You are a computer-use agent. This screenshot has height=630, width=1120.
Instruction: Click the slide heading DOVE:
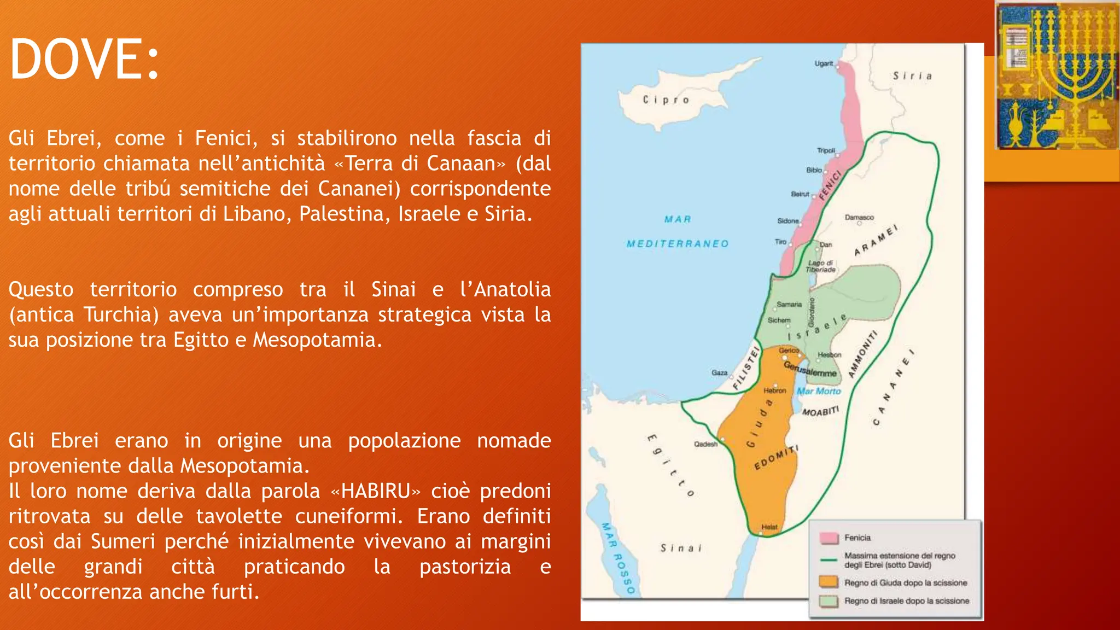85,59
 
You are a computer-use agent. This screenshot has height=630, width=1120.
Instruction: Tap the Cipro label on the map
666,100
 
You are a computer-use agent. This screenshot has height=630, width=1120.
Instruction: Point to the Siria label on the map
912,75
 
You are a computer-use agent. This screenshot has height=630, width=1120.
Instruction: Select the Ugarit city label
823,63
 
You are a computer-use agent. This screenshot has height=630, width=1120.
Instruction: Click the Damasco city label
859,217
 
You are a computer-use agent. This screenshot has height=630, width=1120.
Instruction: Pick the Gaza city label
719,372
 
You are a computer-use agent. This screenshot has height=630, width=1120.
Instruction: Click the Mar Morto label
819,391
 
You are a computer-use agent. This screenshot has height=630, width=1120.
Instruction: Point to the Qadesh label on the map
705,444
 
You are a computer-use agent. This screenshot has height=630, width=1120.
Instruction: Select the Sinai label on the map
681,548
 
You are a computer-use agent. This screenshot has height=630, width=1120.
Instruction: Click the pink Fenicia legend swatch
829,538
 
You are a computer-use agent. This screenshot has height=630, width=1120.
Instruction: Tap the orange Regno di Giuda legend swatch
829,582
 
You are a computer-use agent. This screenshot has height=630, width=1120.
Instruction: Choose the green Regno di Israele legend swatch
829,600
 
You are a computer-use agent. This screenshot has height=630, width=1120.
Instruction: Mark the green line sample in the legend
829,560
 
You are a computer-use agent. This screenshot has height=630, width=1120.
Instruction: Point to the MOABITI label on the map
820,411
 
